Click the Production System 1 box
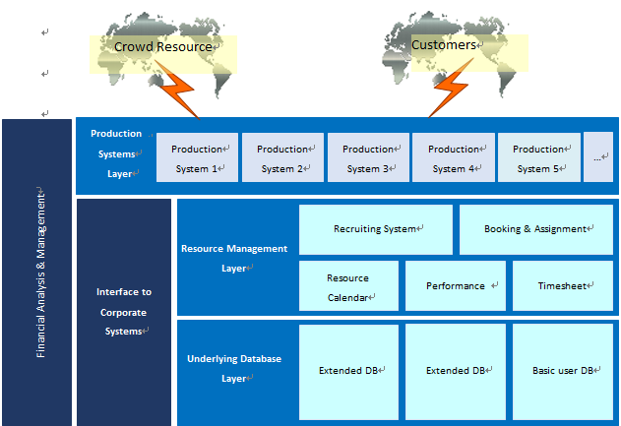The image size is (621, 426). coord(197,158)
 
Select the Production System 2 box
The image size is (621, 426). coord(282,158)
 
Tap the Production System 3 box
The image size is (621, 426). coord(368,158)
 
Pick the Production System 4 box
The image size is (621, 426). coord(454,158)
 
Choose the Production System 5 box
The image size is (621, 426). coord(538,158)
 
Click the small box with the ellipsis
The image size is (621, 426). coord(598,157)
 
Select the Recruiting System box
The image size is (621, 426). coord(376,229)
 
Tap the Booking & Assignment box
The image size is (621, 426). coord(536,229)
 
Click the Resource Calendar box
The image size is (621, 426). coord(348,286)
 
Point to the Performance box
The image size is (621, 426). coord(456,286)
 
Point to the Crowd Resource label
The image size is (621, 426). coord(163,47)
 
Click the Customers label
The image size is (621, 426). coord(444,45)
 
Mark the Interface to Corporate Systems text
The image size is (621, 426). coord(124,312)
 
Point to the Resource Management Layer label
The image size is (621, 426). coord(234,258)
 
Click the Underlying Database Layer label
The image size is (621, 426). coord(234,368)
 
